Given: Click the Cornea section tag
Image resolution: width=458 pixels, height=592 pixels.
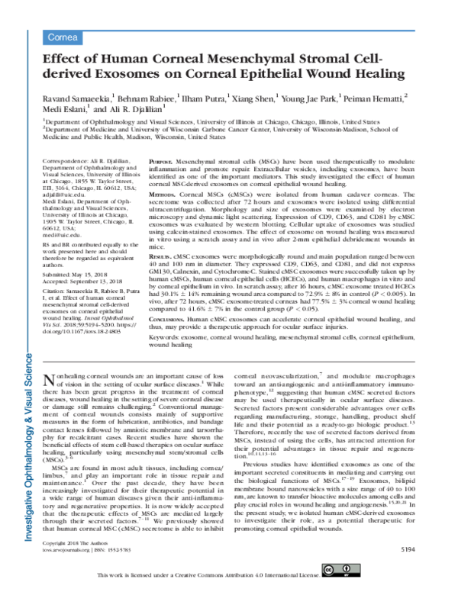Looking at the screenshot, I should (60, 36).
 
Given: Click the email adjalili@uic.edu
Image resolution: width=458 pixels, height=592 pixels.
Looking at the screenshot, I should (64, 195).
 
